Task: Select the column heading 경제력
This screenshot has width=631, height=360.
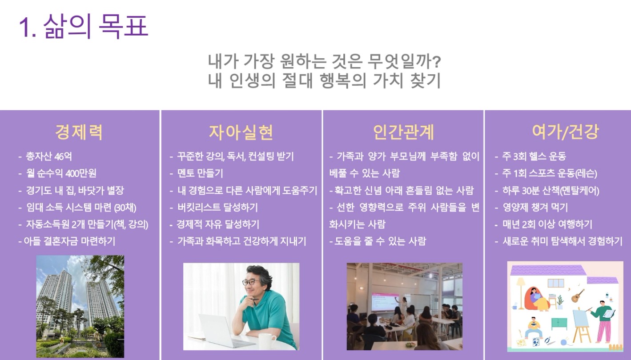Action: click(x=79, y=132)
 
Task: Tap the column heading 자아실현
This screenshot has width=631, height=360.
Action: click(x=241, y=132)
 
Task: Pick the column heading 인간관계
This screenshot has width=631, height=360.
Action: click(x=403, y=132)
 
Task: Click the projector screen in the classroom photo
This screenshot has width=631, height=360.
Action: click(x=385, y=302)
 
